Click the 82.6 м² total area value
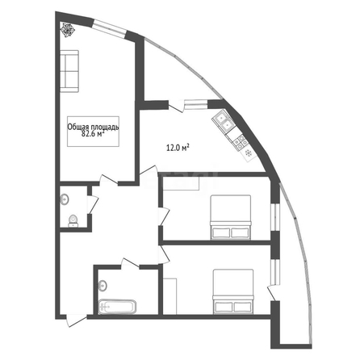tap(93, 134)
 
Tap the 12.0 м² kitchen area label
tap(178, 148)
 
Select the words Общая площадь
tap(93, 128)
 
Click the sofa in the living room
tap(69, 71)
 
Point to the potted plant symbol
tap(67, 29)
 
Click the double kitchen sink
tap(224, 121)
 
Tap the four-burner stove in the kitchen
tap(241, 142)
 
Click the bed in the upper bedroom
tap(231, 217)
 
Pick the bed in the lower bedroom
tap(233, 291)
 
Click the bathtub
tap(117, 307)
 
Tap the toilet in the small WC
tap(73, 220)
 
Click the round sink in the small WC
tap(65, 199)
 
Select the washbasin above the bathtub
tap(103, 286)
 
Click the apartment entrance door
tap(77, 320)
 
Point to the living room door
tap(109, 180)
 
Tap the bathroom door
tap(130, 263)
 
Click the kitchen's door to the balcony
tap(176, 106)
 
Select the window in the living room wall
tap(110, 27)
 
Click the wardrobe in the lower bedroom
tap(170, 296)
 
